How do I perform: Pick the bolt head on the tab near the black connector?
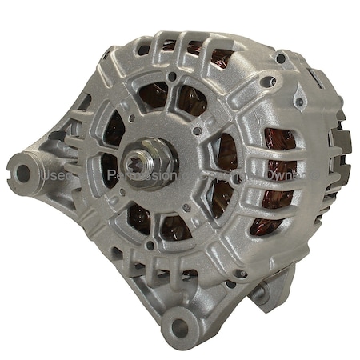click(x=301, y=103)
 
